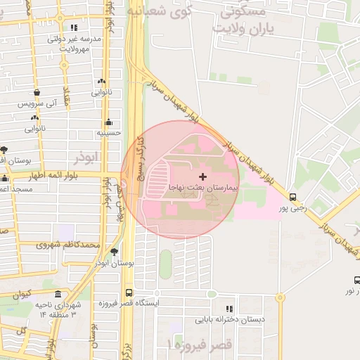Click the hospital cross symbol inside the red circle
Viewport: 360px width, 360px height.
pos(203,176)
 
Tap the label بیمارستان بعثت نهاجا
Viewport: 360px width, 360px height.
pos(203,188)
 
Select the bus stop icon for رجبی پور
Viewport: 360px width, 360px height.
pos(292,197)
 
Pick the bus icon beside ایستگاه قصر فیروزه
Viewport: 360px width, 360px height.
pos(129,292)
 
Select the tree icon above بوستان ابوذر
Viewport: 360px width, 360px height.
pos(114,251)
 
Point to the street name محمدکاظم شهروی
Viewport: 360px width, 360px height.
pos(68,245)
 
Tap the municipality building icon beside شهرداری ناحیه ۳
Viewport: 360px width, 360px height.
pos(57,292)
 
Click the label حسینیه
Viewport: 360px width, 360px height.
pos(108,131)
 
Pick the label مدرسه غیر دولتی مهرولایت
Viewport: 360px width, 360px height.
pos(77,44)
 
